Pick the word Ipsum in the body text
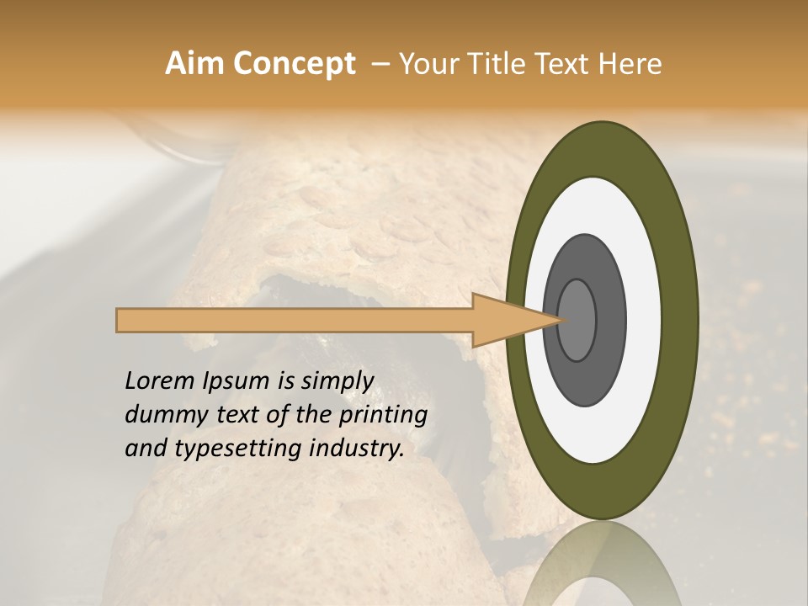tap(237, 381)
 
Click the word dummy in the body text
tap(160, 415)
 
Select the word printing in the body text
tap(383, 416)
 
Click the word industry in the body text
tap(356, 449)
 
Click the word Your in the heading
tap(424, 64)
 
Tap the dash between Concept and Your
tap(379, 64)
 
